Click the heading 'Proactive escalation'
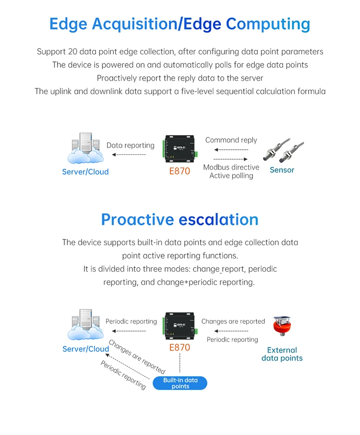point(180,220)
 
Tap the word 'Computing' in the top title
point(268,24)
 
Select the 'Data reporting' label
point(131,145)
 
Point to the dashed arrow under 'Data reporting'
point(129,154)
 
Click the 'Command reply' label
point(231,140)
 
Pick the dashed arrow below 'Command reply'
point(231,150)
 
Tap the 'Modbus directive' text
point(231,167)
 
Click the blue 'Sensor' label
point(282,170)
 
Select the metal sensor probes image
point(283,150)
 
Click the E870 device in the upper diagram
point(180,149)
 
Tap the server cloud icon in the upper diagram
point(85,148)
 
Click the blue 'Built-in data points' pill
point(180,383)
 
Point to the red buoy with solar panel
point(282,326)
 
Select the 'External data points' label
point(282,354)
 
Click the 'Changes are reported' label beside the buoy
point(233,321)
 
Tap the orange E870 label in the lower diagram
point(180,347)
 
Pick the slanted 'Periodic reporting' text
point(123,375)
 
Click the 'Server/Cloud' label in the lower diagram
point(86,349)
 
